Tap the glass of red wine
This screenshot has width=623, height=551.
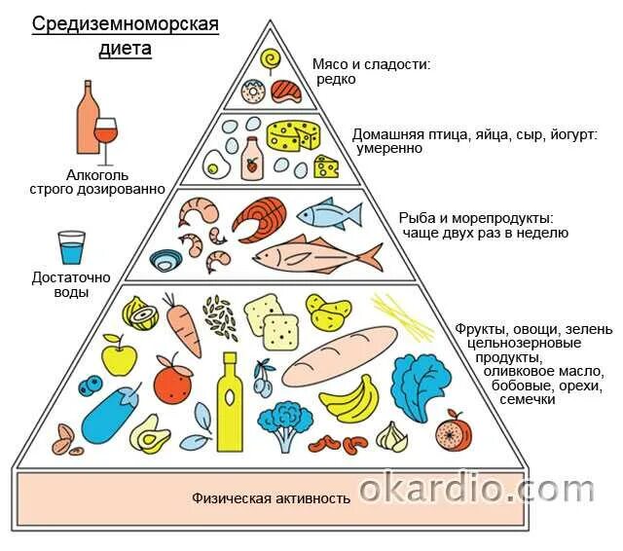coord(105,137)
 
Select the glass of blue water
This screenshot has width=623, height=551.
coord(71,247)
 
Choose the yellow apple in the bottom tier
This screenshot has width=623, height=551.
coord(118,356)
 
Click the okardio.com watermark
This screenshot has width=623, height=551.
coord(489,486)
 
